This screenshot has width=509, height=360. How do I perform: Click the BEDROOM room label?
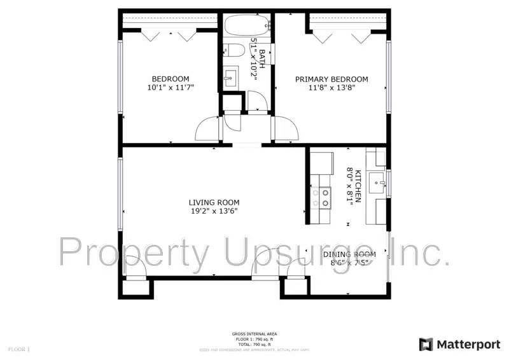coord(170,79)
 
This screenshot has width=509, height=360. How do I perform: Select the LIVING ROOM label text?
coord(214,202)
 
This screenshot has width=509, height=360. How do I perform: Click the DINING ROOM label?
coord(349,254)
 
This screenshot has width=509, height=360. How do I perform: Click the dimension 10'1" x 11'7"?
coord(170,88)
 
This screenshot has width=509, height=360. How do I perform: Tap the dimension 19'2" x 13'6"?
coord(214,211)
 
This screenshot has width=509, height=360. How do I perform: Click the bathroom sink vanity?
coord(230,78)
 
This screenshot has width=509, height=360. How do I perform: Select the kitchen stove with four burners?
coord(321,198)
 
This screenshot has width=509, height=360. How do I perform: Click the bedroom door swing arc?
coord(206,129)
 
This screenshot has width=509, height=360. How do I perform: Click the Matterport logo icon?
coord(426,344)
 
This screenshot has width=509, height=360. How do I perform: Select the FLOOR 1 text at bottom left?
coord(19,349)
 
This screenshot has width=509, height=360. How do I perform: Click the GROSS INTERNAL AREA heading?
coord(254,334)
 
